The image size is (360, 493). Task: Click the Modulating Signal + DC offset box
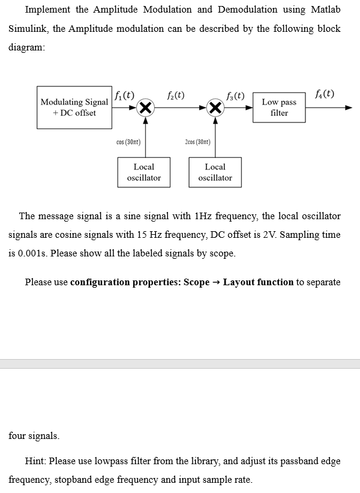(x=74, y=107)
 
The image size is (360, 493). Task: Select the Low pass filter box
(x=279, y=107)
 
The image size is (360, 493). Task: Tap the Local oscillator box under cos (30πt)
(x=143, y=172)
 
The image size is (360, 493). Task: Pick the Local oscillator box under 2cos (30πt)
(x=215, y=172)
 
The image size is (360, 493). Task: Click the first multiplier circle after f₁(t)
(x=144, y=108)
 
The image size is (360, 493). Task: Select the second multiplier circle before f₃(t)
(x=215, y=108)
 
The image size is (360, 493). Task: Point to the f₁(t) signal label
(x=124, y=95)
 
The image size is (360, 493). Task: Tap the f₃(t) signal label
(x=235, y=95)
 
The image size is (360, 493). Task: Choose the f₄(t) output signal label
(x=325, y=94)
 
